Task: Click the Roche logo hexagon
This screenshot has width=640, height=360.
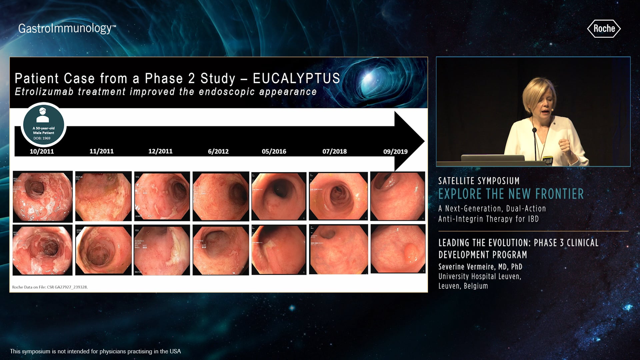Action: pos(604,29)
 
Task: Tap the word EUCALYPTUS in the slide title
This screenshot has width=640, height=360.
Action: pos(296,78)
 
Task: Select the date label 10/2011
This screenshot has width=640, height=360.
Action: pos(42,151)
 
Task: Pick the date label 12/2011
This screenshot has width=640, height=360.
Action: pos(160,151)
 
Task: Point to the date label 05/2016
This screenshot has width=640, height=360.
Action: pos(274,151)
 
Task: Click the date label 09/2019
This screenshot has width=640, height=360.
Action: pos(395,152)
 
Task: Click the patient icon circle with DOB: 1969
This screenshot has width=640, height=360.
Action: pos(43,125)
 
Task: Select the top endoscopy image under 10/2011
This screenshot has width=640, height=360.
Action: pos(43,196)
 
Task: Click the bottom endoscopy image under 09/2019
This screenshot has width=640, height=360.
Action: pos(398,249)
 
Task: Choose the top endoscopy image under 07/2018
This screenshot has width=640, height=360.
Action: pos(338,196)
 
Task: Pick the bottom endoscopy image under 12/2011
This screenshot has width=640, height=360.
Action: pos(162,250)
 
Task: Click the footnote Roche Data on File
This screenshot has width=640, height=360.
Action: pos(50,287)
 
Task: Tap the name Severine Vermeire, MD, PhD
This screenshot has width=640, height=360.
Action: pos(480,267)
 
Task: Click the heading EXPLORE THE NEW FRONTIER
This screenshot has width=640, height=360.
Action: pos(511,194)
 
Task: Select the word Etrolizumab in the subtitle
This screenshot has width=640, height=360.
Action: pos(44,92)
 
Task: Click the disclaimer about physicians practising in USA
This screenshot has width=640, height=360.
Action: pos(95,351)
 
